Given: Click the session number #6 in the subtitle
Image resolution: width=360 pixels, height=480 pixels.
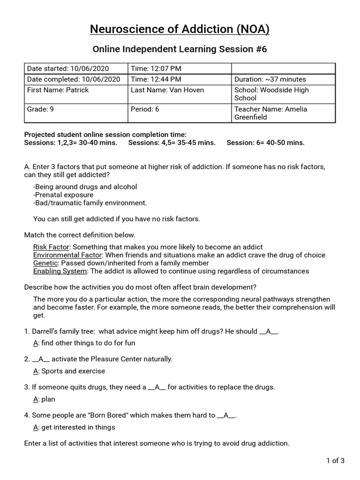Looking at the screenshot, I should [261, 49].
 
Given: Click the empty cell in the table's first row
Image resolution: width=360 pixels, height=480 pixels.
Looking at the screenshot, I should [284, 68].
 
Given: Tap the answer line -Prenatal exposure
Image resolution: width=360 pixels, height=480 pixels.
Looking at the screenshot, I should [63, 195].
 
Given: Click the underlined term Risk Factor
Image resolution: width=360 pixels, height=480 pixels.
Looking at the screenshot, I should [51, 247].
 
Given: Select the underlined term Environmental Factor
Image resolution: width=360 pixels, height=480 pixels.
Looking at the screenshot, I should [67, 255].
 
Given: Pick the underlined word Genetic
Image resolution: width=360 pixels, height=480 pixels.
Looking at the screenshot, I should [45, 263].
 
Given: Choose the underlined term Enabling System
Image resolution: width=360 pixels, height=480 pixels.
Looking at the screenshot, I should [60, 271].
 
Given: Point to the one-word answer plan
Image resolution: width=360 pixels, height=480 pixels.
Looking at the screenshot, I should [48, 399].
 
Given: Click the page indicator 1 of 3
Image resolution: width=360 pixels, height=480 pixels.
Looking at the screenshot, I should [335, 460].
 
